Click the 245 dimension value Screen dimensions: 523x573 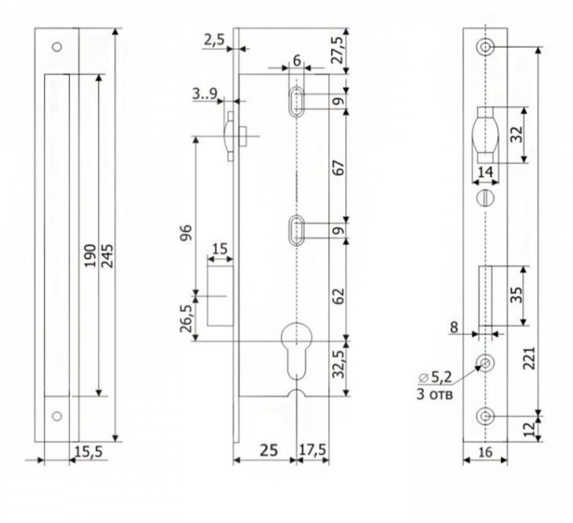108,254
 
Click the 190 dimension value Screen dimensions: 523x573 91,254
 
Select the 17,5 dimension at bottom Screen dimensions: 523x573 312,452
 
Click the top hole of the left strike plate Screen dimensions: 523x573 57,47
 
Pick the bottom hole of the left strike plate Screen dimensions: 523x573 57,415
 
